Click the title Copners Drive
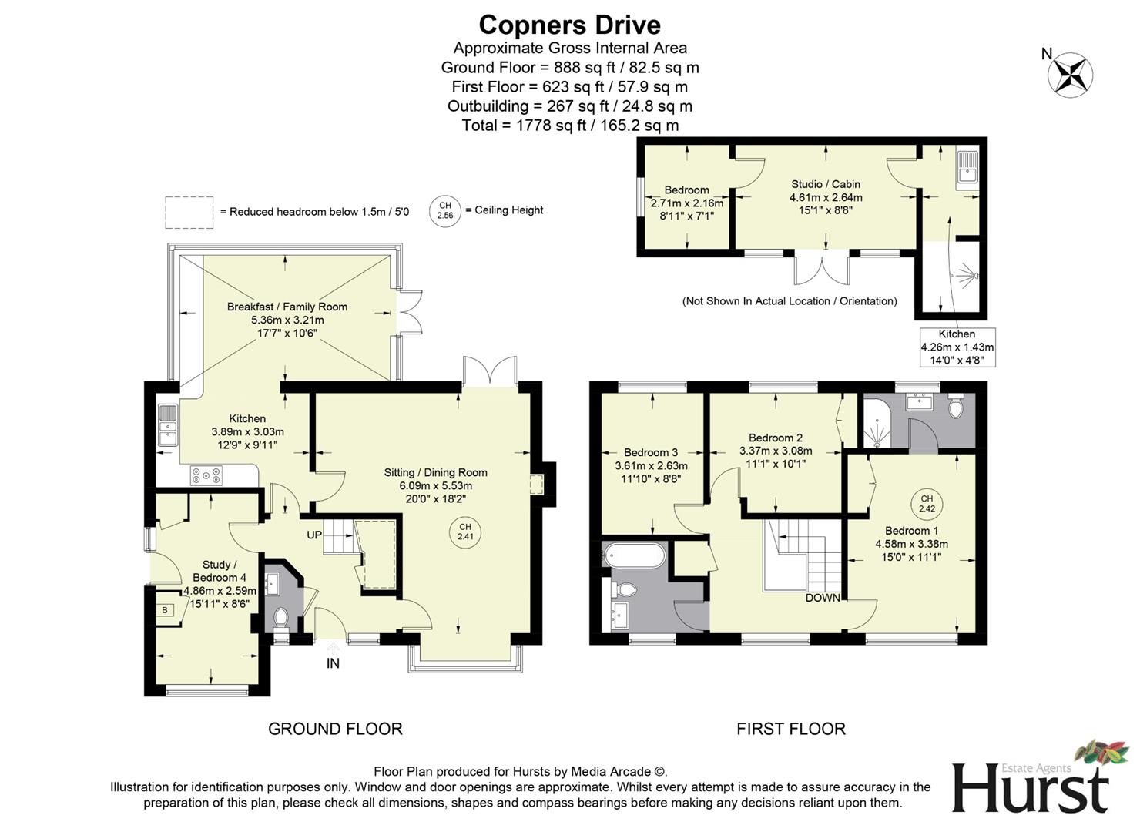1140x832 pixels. pyautogui.click(x=569, y=25)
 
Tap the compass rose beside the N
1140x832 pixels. pyautogui.click(x=1071, y=74)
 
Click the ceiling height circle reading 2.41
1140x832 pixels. pyautogui.click(x=465, y=532)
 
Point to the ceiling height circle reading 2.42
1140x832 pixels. pyautogui.click(x=927, y=504)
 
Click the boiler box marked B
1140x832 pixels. pyautogui.click(x=164, y=610)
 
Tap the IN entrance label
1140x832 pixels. pyautogui.click(x=333, y=663)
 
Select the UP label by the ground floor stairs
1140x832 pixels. pyautogui.click(x=314, y=535)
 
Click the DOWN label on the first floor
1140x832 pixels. pyautogui.click(x=823, y=598)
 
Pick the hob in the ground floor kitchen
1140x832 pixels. pyautogui.click(x=206, y=476)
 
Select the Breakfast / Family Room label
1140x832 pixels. pyautogui.click(x=287, y=307)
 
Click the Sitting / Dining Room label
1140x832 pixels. pyautogui.click(x=435, y=472)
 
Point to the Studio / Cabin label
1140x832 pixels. pyautogui.click(x=826, y=184)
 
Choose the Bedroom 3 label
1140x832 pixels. pyautogui.click(x=651, y=452)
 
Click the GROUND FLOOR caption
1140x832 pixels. pyautogui.click(x=335, y=728)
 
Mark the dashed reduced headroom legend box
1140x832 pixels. pyautogui.click(x=189, y=212)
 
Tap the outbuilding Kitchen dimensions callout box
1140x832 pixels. pyautogui.click(x=957, y=347)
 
